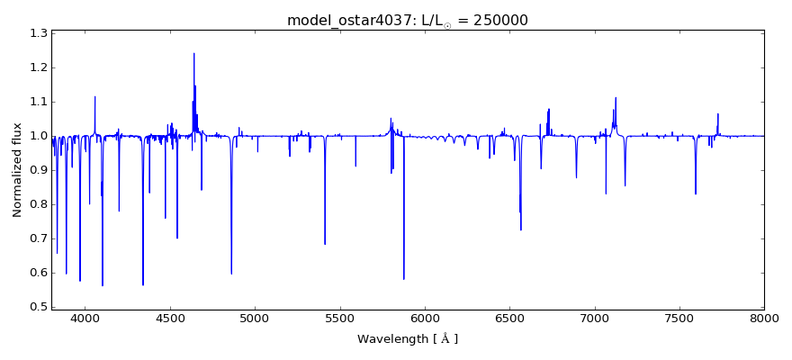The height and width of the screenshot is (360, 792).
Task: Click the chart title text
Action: tap(408, 20)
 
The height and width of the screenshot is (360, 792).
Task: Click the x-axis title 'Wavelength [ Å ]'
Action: tap(408, 339)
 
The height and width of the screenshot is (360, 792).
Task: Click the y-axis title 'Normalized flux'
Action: tap(17, 170)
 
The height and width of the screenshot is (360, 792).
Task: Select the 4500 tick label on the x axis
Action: tap(170, 318)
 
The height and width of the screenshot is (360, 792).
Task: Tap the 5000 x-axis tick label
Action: tap(255, 318)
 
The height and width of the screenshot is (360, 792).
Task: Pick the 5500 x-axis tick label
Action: tap(339, 318)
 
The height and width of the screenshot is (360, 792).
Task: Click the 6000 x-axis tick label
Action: tap(425, 318)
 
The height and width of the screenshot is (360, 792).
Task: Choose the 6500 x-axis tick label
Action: tap(509, 318)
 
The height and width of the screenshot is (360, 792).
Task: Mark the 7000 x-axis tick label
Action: tap(594, 318)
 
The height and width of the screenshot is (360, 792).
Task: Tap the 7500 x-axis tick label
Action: tap(679, 318)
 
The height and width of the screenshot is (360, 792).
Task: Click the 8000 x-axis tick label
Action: tap(764, 318)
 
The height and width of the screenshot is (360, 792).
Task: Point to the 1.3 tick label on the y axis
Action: tap(37, 33)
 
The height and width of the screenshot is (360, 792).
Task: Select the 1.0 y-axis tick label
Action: tap(37, 136)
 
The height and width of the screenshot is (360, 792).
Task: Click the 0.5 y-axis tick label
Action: tap(37, 307)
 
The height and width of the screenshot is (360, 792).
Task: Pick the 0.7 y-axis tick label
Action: tap(37, 238)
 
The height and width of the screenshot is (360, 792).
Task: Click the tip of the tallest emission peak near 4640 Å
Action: tap(193, 53)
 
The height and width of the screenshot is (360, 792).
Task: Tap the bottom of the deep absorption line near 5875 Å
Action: tap(403, 279)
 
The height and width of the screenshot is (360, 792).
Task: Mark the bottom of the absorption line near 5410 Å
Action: tap(325, 244)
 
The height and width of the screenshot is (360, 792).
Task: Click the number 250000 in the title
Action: tap(496, 20)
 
